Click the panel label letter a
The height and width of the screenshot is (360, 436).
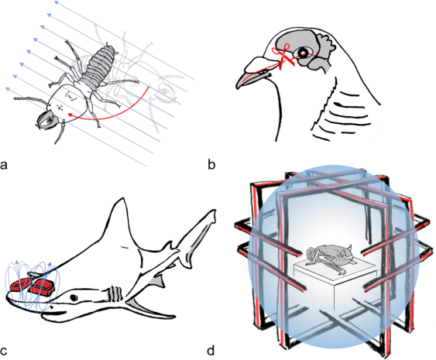[4, 165]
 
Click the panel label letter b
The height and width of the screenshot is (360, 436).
[211, 164]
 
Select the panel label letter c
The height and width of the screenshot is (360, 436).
[3, 351]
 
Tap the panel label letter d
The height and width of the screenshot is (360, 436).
[211, 350]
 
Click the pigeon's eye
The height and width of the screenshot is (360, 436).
[302, 53]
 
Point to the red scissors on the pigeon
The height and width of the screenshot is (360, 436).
[283, 57]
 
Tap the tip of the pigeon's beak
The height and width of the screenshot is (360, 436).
[238, 87]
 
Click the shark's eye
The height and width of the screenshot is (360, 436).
[74, 297]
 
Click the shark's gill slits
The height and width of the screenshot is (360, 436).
[115, 293]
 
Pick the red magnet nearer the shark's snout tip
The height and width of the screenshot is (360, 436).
[19, 286]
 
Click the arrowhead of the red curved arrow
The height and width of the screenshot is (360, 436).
[70, 115]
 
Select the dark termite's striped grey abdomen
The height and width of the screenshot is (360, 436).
[100, 64]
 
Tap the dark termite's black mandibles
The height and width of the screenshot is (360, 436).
[44, 120]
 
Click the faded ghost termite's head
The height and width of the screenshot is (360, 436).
[166, 92]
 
